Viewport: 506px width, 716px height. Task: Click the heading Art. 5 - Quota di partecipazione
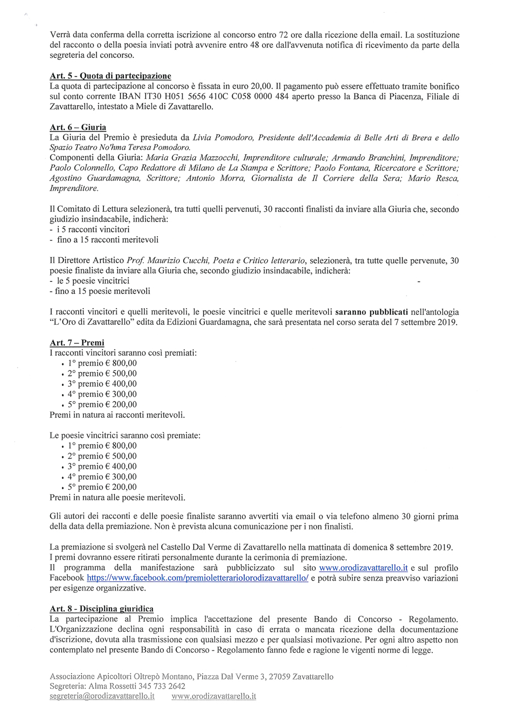[110, 76]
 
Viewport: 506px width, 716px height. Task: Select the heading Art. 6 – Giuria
[78, 127]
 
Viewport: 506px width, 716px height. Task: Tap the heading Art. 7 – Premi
[77, 342]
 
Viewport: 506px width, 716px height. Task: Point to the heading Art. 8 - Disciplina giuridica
[102, 609]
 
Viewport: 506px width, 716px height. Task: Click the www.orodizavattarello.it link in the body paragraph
[364, 567]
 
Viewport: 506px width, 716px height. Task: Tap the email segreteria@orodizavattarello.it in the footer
[102, 696]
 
